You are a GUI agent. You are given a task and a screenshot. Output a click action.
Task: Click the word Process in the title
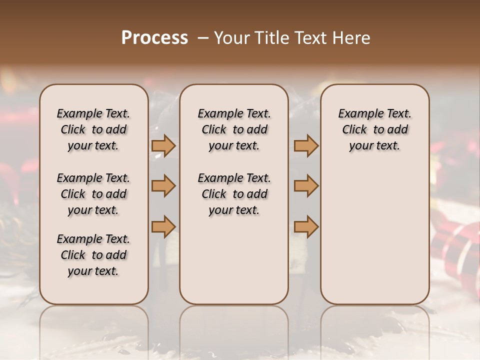pyautogui.click(x=154, y=38)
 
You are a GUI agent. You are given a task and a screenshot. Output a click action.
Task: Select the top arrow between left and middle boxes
pyautogui.click(x=163, y=146)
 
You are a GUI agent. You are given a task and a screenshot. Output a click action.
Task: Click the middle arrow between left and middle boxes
pyautogui.click(x=163, y=186)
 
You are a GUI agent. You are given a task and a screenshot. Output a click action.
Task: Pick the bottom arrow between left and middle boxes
pyautogui.click(x=163, y=227)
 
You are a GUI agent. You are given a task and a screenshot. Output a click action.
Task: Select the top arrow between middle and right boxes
pyautogui.click(x=306, y=146)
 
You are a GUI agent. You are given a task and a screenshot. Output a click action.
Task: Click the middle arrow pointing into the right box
pyautogui.click(x=306, y=186)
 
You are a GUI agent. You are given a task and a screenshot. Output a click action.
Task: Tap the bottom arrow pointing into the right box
pyautogui.click(x=306, y=227)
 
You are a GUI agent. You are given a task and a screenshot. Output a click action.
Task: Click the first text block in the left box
pyautogui.click(x=93, y=130)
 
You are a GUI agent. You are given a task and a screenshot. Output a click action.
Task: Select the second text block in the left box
pyautogui.click(x=93, y=194)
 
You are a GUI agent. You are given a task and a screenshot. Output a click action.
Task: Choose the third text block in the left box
pyautogui.click(x=93, y=255)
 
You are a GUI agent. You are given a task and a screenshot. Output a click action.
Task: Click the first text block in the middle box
pyautogui.click(x=234, y=130)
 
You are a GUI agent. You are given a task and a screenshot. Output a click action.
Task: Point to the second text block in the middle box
pyautogui.click(x=234, y=194)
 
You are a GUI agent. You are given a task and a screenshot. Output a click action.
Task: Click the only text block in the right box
pyautogui.click(x=374, y=130)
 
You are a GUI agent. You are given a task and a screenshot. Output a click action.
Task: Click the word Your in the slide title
pyautogui.click(x=229, y=38)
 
